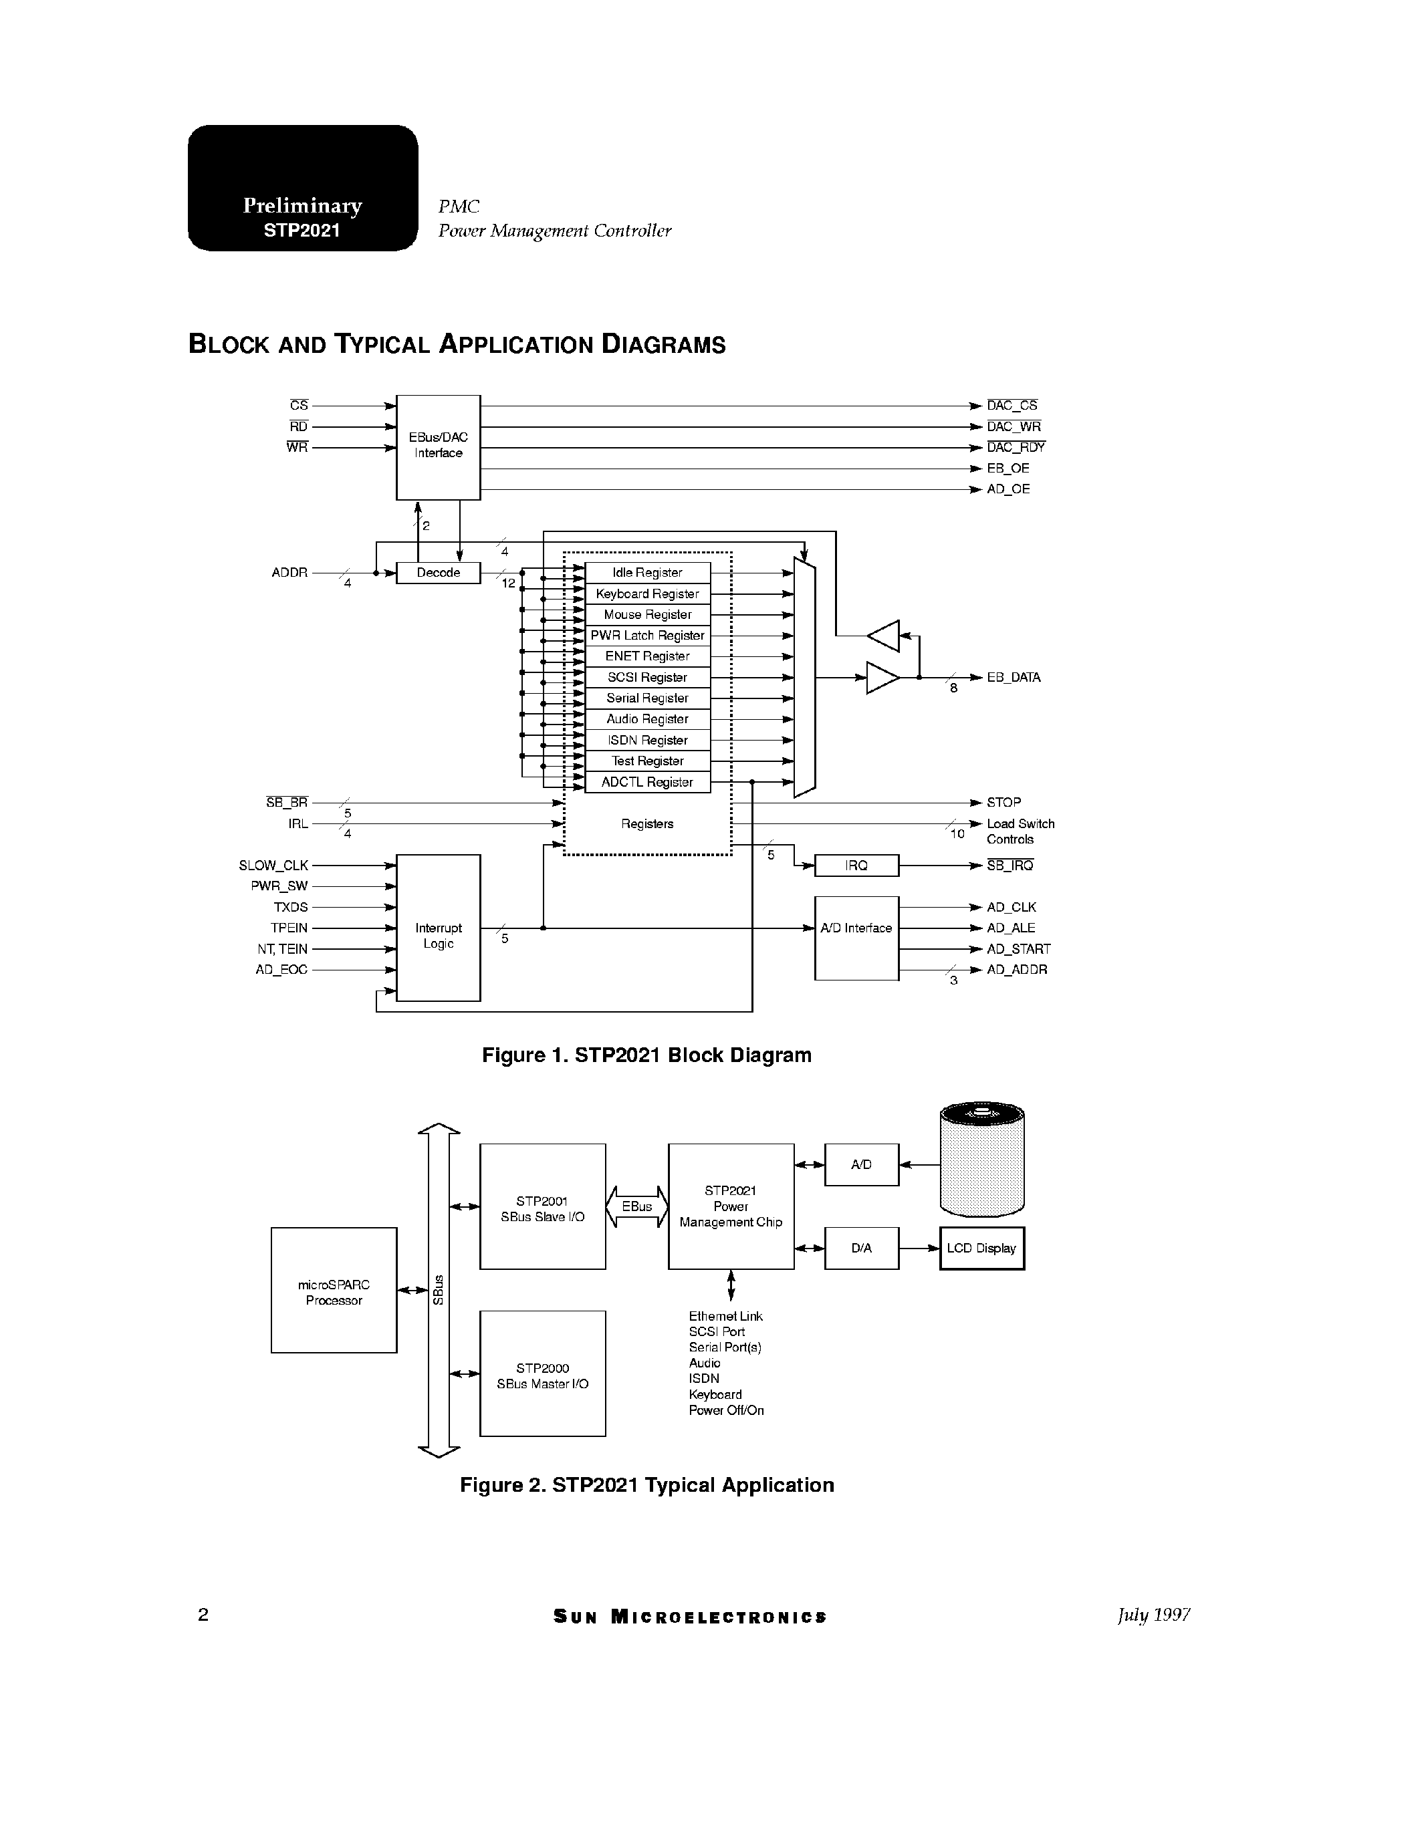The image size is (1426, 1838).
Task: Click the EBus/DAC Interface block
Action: [438, 447]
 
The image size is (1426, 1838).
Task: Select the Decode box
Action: [438, 573]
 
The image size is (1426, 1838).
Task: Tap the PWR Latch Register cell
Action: [646, 636]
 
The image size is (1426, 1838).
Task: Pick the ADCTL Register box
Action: [646, 783]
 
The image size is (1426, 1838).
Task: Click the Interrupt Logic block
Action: [438, 928]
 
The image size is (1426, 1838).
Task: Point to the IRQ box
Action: [856, 865]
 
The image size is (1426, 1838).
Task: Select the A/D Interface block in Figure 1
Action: [856, 938]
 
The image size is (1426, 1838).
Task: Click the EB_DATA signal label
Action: [1013, 678]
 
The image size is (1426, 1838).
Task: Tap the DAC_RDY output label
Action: [1016, 448]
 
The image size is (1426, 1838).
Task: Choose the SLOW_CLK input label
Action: [273, 865]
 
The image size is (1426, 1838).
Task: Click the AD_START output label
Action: [1018, 949]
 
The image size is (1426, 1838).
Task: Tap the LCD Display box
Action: [981, 1248]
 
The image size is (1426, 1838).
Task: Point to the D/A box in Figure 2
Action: [861, 1248]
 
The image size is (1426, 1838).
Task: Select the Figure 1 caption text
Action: [646, 1055]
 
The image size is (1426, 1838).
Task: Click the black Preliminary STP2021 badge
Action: [302, 188]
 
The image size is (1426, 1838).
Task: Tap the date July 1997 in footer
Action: [1153, 1615]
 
